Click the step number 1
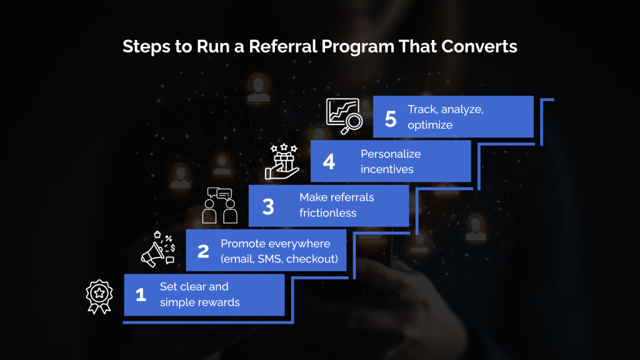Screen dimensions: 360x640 141,294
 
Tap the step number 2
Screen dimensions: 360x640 203,251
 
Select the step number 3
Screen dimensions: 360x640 268,206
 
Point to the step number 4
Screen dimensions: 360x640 329,162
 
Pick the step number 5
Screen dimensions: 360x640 391,117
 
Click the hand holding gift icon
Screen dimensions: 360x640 282,161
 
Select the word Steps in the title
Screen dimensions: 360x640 143,46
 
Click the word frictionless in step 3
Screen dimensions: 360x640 328,213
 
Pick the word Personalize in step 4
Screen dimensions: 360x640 391,154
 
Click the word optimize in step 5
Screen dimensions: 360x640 430,125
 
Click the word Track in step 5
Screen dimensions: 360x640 422,109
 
